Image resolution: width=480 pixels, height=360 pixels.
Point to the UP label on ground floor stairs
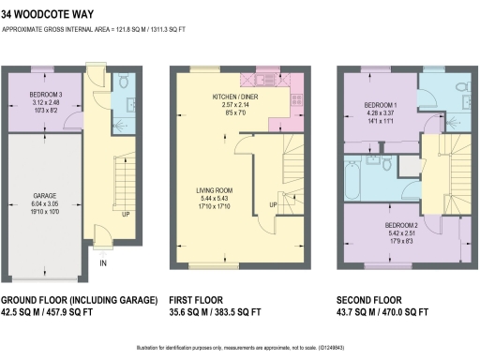click(126, 214)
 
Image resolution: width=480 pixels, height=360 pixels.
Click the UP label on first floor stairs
click(272, 204)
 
